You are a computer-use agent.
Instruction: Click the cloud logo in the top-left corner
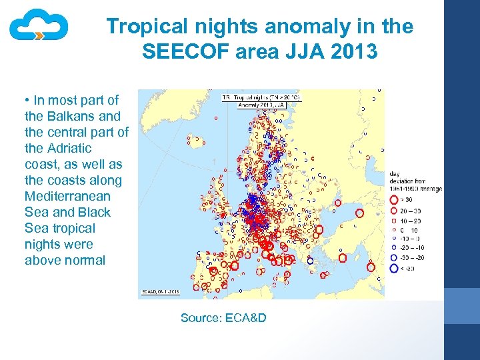(39, 27)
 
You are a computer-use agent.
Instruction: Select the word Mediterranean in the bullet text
(67, 196)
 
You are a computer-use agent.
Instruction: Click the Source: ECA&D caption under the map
(223, 317)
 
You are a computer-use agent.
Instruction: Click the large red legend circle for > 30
(394, 199)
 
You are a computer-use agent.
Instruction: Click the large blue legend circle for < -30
(394, 268)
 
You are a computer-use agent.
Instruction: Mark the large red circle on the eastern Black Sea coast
(360, 214)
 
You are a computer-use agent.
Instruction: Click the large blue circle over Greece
(310, 261)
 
